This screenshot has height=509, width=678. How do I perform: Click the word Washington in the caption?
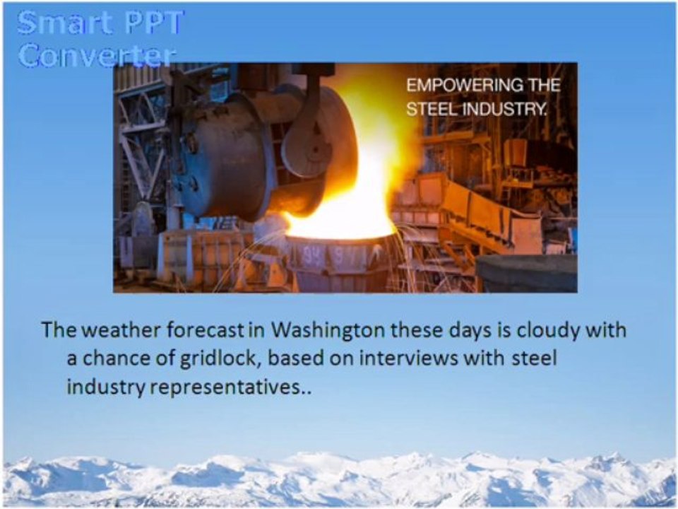tap(328, 331)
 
